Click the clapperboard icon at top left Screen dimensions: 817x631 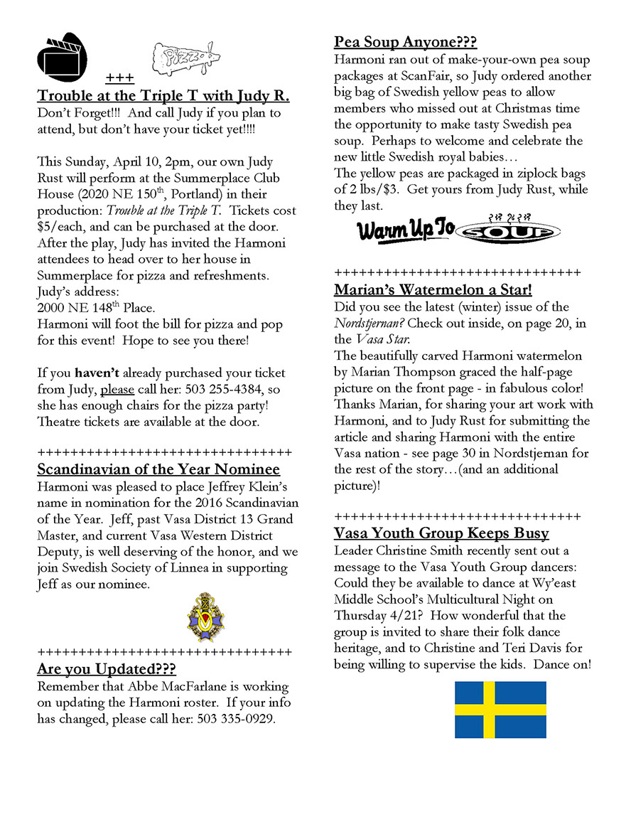[x=61, y=55]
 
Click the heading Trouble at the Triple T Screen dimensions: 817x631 [x=163, y=96]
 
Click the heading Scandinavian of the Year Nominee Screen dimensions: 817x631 [x=158, y=469]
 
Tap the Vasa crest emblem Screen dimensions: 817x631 [x=205, y=616]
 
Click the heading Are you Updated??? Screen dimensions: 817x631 [x=107, y=669]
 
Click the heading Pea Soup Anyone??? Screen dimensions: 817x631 [x=405, y=42]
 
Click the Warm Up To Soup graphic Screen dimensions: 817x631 [x=458, y=229]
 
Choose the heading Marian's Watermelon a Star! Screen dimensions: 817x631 [x=433, y=289]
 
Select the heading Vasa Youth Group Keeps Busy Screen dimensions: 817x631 [x=441, y=533]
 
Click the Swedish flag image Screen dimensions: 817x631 [x=500, y=710]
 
